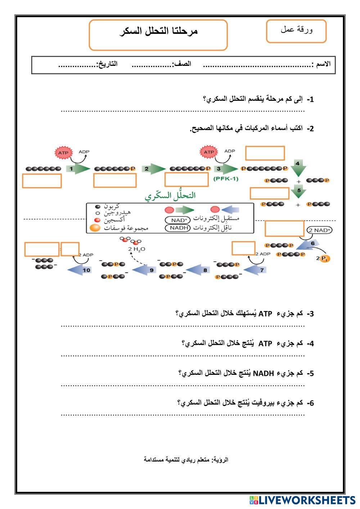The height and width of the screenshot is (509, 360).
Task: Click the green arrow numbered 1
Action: point(77,168)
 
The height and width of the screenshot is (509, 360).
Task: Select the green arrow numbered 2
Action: point(153,168)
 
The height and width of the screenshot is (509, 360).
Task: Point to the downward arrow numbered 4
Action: point(298,166)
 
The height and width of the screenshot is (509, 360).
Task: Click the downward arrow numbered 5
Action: point(298,191)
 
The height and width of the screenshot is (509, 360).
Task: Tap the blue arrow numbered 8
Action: point(199,270)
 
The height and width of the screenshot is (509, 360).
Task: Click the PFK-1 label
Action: point(226,179)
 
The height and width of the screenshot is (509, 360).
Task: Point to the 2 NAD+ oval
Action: point(319,230)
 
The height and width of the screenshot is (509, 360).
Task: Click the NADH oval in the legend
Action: point(178,228)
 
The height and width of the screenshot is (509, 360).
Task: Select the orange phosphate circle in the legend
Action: point(95,228)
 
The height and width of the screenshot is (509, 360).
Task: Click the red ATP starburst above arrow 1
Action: point(63,153)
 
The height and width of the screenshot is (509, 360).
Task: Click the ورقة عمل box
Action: point(296,31)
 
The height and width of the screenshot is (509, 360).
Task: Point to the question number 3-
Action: point(310,314)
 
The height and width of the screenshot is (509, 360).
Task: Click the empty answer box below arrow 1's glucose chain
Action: point(42,181)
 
